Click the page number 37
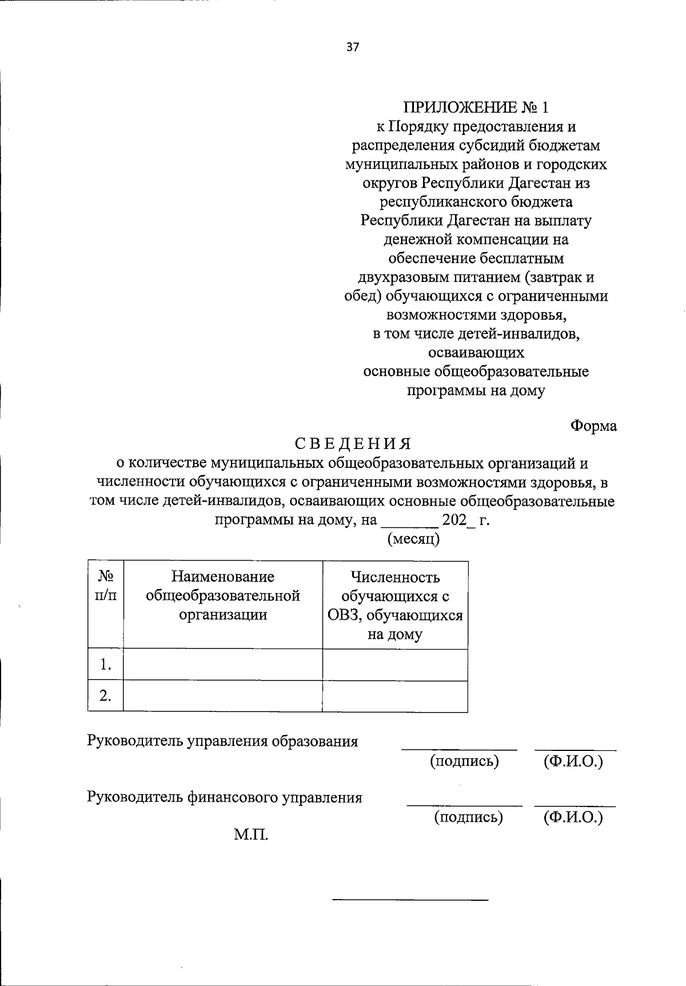click(353, 47)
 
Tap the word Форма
click(593, 426)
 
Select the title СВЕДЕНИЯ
click(353, 444)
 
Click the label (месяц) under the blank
click(413, 539)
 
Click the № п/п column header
click(106, 586)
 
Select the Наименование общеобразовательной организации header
click(223, 595)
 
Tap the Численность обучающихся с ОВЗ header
click(395, 605)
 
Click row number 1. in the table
click(105, 665)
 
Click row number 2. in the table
click(105, 696)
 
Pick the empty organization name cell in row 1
click(223, 665)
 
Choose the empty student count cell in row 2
click(395, 696)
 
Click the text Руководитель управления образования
click(222, 741)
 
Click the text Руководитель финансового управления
click(224, 797)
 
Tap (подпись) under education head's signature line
click(464, 761)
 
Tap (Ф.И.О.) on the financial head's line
click(573, 817)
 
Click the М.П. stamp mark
click(250, 836)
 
